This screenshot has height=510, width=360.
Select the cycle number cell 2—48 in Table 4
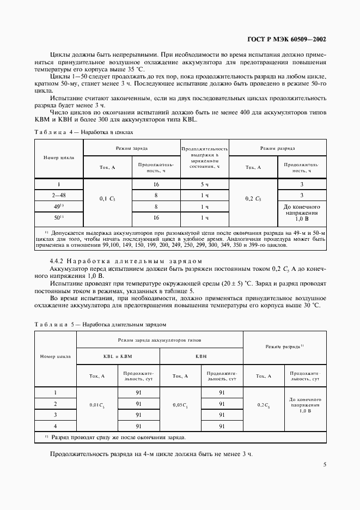point(58,195)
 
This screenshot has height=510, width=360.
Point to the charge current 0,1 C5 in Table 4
point(107,200)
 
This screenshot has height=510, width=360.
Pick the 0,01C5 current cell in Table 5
point(97,405)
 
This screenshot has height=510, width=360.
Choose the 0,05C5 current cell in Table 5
point(181,405)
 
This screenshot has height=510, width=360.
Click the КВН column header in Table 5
point(202,356)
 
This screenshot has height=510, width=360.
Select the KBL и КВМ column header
point(118,356)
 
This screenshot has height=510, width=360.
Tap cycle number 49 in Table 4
point(58,207)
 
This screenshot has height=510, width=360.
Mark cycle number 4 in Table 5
point(56,426)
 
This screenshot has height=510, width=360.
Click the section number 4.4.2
point(58,261)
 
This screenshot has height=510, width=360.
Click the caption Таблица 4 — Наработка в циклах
point(83,132)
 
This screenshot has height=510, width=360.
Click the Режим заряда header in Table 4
point(131,148)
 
